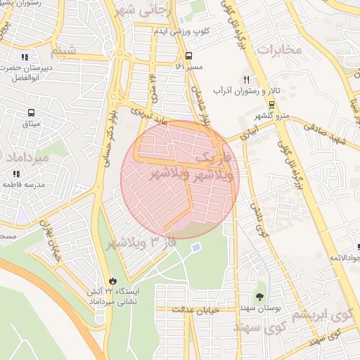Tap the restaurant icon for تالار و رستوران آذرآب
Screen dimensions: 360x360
tap(246, 79)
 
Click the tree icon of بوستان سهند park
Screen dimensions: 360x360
tap(261, 295)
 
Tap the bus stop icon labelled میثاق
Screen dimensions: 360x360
tap(31, 112)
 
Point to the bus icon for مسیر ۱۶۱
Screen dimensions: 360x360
tap(188, 56)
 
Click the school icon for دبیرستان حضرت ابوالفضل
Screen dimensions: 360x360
tap(25, 57)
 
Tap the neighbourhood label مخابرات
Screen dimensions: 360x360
tap(278, 49)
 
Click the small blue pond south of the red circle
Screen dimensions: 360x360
tap(195, 247)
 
